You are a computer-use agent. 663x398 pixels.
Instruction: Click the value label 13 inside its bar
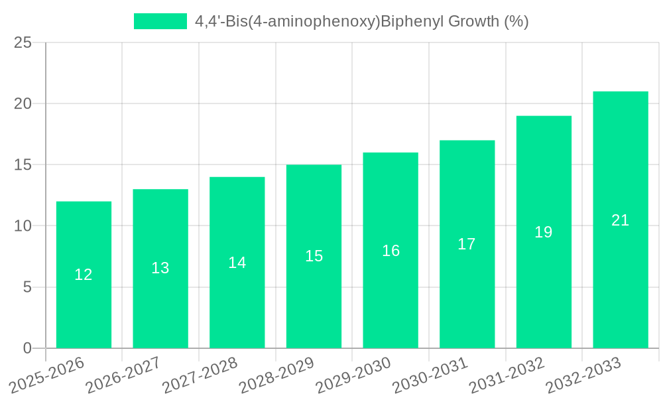click(x=160, y=268)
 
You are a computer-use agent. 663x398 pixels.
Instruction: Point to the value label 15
click(x=314, y=256)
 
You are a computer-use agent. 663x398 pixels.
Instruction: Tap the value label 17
click(x=467, y=244)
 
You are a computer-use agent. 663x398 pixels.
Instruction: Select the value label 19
click(x=544, y=232)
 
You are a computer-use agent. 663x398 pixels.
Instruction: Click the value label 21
click(x=620, y=220)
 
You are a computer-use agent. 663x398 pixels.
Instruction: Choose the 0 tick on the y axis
click(x=27, y=348)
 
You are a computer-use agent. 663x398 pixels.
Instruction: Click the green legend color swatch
click(x=160, y=21)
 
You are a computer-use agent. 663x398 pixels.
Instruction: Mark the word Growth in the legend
click(x=474, y=21)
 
